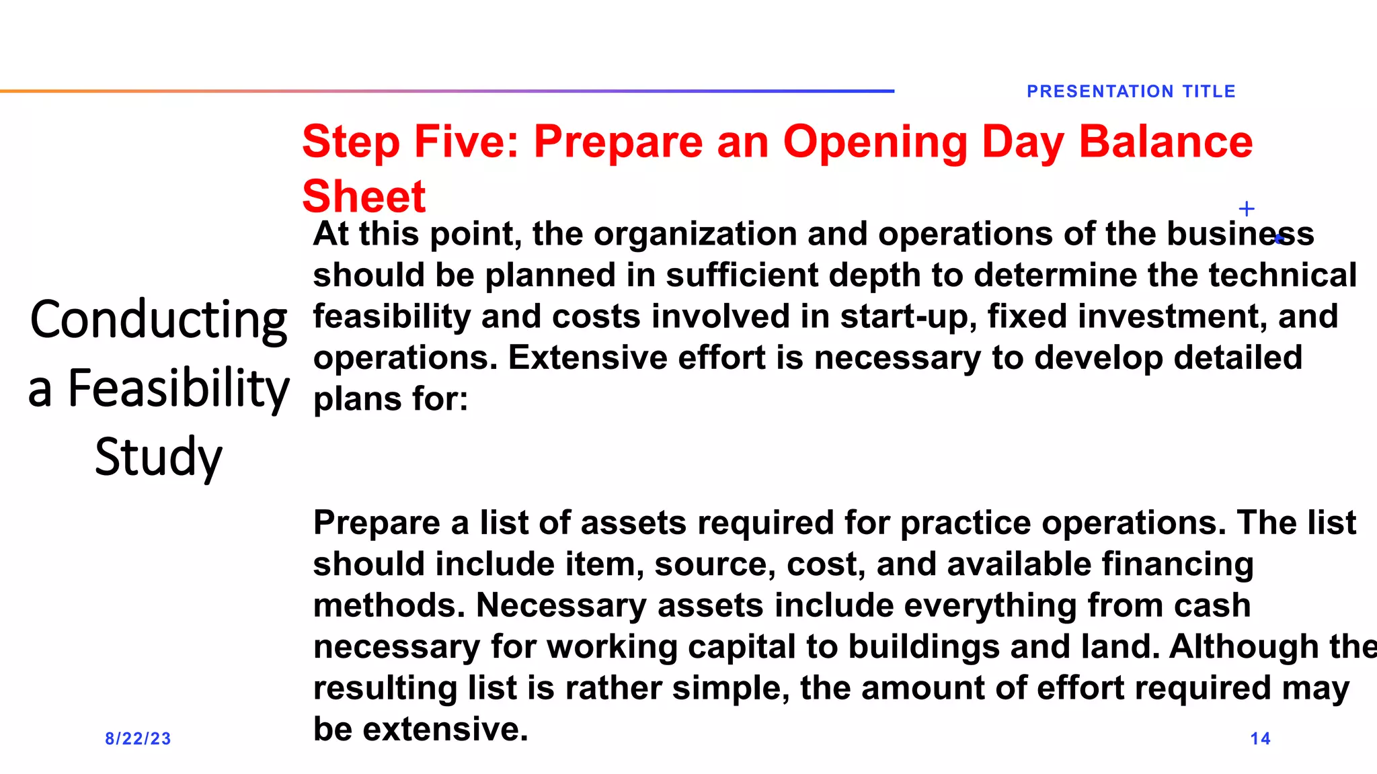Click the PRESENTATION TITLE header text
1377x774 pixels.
[x=1131, y=91]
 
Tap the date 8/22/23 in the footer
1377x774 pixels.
[x=138, y=738]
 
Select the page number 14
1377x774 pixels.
[x=1260, y=738]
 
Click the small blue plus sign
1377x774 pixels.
[x=1247, y=209]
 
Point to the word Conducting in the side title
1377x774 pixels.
[x=159, y=320]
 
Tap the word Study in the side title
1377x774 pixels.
[x=159, y=457]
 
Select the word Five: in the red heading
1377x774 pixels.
[x=467, y=142]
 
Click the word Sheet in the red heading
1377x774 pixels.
[x=364, y=196]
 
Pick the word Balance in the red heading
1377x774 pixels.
[x=1165, y=142]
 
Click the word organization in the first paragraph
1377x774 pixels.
[x=695, y=234]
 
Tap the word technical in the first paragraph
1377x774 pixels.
[x=1282, y=275]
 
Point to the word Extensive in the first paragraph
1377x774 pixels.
[x=588, y=357]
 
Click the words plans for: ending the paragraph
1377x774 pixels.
[x=391, y=399]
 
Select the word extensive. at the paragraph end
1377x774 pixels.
[x=445, y=729]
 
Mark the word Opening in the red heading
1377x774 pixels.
[x=875, y=142]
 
